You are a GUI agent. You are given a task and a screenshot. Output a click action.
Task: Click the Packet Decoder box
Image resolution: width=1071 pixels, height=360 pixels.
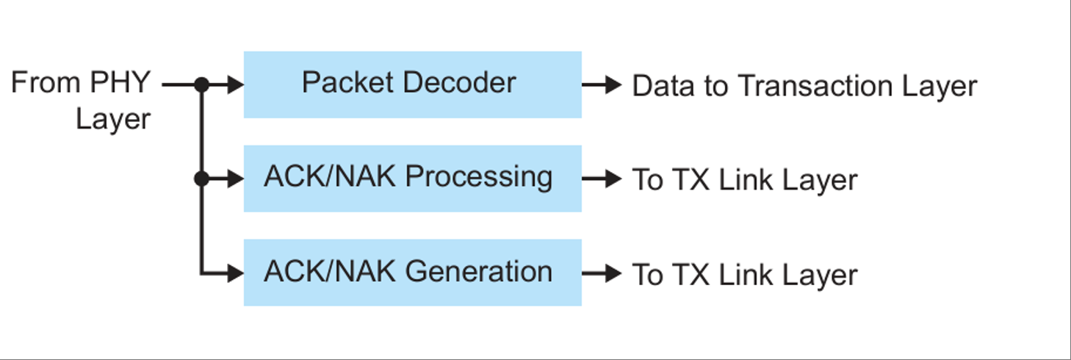(x=412, y=84)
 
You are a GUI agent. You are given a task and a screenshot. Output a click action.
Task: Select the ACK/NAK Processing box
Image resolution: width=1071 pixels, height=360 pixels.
(x=412, y=179)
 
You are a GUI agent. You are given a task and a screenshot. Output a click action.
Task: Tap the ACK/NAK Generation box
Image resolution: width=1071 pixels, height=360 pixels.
(x=412, y=273)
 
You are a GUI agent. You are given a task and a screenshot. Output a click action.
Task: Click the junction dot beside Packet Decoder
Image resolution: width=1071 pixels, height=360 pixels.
(x=201, y=85)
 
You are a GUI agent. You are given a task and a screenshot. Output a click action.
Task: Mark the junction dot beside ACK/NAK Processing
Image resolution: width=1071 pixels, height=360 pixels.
(x=201, y=179)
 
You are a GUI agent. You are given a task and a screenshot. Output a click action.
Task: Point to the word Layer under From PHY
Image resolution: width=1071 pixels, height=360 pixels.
(x=113, y=118)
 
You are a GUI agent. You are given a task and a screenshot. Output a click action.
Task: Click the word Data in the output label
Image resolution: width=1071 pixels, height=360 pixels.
(x=660, y=86)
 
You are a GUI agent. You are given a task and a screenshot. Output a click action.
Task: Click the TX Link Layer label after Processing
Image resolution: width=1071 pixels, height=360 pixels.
(x=744, y=180)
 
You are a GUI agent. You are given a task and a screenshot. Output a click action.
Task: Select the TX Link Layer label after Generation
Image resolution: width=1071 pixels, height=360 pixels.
(x=744, y=275)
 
